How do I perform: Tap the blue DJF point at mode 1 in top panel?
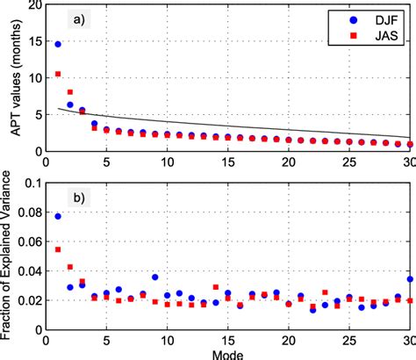coord(58,44)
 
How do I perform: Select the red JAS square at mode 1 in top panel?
coord(58,74)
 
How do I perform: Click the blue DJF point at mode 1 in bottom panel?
coord(58,216)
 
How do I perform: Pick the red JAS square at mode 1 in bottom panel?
coord(58,249)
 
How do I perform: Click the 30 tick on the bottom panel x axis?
coord(408,338)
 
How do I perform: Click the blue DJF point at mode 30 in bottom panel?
coord(409,280)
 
